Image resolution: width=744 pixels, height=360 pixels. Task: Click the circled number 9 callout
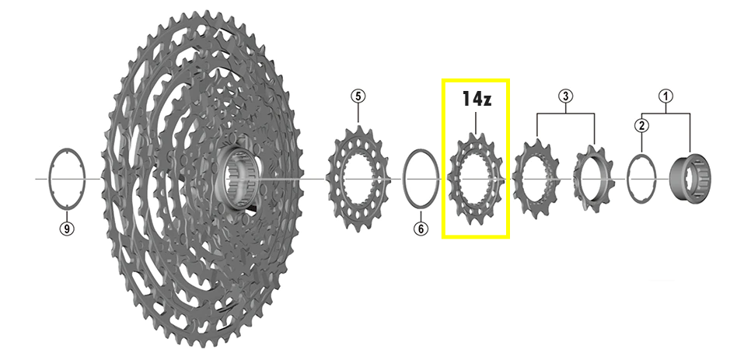tap(67, 229)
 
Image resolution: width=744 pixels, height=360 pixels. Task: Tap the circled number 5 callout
tap(358, 96)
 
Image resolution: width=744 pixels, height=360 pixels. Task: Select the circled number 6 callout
tap(421, 229)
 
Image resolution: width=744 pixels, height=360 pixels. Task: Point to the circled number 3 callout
tap(565, 96)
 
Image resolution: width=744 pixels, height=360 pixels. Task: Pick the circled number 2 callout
tap(641, 126)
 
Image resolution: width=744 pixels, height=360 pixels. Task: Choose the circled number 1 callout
tap(665, 96)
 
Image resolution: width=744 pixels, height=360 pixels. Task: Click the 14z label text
tap(477, 99)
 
